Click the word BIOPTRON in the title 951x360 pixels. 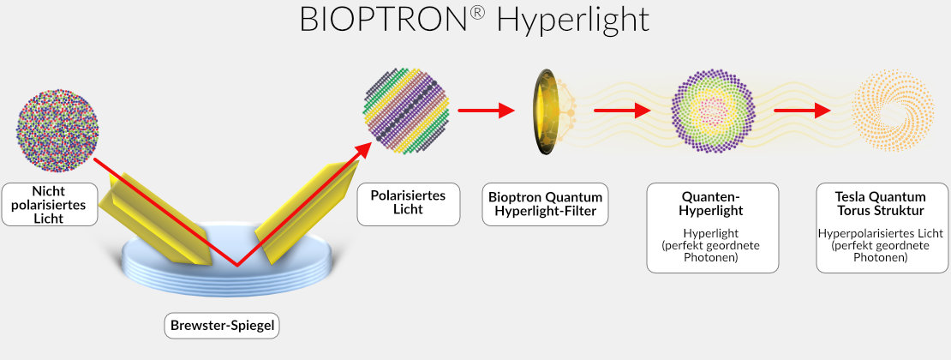tap(384, 20)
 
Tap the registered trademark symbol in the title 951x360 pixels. tap(477, 13)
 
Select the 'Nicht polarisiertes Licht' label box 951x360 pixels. tap(49, 205)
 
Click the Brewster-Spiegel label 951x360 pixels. tap(222, 327)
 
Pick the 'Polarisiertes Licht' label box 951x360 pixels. tap(408, 204)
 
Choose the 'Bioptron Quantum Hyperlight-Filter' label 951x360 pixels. tap(545, 204)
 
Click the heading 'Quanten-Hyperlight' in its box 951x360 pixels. tap(713, 204)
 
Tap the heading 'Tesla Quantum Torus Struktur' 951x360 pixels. tap(880, 204)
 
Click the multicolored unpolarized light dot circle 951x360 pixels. tap(57, 130)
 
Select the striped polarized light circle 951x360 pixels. tap(406, 111)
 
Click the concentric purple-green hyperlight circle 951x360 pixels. tap(713, 111)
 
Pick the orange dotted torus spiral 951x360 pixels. tap(893, 111)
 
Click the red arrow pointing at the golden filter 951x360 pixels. tap(486, 111)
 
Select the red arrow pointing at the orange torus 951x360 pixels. tap(802, 111)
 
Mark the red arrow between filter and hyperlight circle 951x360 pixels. tap(622, 111)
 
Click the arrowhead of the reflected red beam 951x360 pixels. tap(363, 150)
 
